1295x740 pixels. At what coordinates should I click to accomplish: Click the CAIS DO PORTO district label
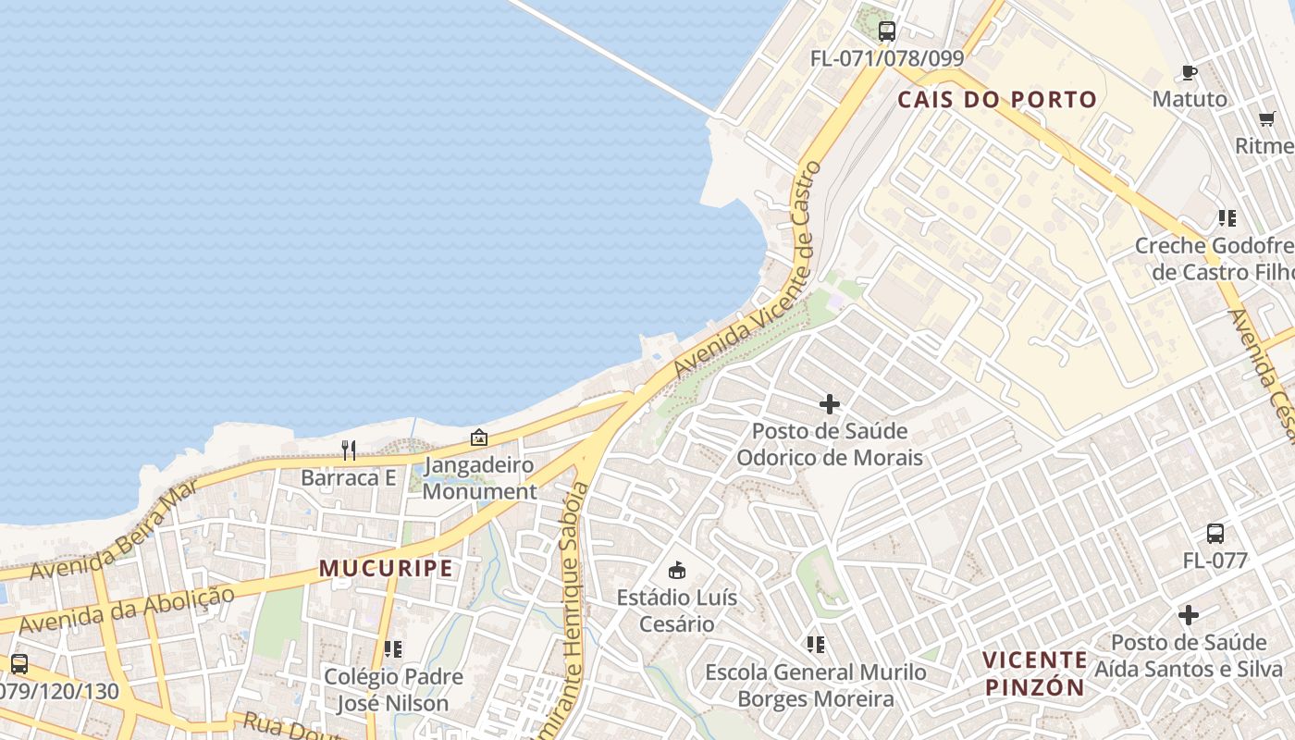(x=997, y=100)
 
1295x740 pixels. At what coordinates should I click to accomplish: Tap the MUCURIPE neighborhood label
(x=387, y=569)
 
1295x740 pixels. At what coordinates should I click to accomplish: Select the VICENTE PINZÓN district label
(x=1034, y=673)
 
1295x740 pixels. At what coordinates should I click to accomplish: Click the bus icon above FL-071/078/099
(x=887, y=31)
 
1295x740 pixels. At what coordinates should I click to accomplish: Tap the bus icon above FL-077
(x=1215, y=534)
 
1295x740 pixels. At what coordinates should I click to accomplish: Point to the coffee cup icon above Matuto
(x=1190, y=72)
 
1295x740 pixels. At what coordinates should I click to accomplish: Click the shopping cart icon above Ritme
(x=1267, y=118)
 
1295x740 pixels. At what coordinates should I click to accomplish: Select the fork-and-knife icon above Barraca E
(x=349, y=450)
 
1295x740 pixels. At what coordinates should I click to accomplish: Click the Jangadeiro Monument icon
(x=479, y=438)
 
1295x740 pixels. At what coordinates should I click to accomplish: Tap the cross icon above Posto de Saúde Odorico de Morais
(x=830, y=404)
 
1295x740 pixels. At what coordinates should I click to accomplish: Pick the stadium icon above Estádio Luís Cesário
(x=677, y=570)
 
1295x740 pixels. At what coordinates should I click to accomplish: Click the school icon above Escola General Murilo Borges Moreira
(x=815, y=644)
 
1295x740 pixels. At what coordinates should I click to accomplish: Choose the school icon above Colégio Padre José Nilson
(x=393, y=649)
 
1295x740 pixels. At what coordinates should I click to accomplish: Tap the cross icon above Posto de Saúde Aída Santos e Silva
(x=1189, y=614)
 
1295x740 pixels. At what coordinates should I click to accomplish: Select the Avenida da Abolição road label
(x=126, y=610)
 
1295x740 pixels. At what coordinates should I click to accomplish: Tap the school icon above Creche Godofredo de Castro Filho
(x=1227, y=218)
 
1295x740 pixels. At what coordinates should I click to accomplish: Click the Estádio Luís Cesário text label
(x=677, y=610)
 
